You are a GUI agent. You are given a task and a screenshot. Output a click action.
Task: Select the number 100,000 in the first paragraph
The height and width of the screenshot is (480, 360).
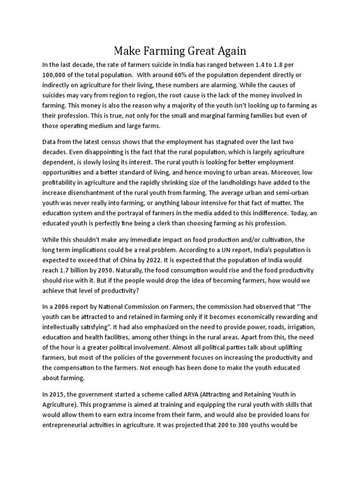click(57, 75)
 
